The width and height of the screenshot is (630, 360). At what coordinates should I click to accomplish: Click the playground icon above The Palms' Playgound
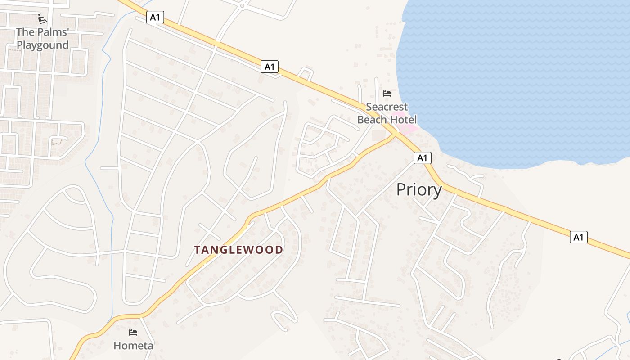(42, 19)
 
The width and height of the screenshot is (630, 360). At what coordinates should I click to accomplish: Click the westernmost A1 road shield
(155, 18)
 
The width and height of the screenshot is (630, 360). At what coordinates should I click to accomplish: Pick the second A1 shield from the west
(269, 67)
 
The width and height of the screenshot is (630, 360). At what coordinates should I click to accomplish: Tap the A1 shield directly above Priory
(422, 158)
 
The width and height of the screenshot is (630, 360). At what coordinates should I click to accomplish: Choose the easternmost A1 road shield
(579, 237)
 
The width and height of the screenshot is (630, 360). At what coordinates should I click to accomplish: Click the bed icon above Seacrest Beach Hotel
(387, 94)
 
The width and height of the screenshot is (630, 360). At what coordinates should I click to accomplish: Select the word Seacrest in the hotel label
(387, 107)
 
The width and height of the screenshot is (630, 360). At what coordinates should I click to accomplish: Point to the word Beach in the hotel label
(372, 120)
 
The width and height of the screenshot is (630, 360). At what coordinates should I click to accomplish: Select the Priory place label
(419, 190)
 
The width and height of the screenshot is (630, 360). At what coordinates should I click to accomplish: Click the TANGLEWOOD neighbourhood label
(238, 250)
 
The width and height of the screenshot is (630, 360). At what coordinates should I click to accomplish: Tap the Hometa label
(133, 346)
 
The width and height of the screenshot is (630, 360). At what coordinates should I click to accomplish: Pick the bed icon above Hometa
(133, 333)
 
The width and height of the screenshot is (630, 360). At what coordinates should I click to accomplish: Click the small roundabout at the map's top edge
(243, 6)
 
